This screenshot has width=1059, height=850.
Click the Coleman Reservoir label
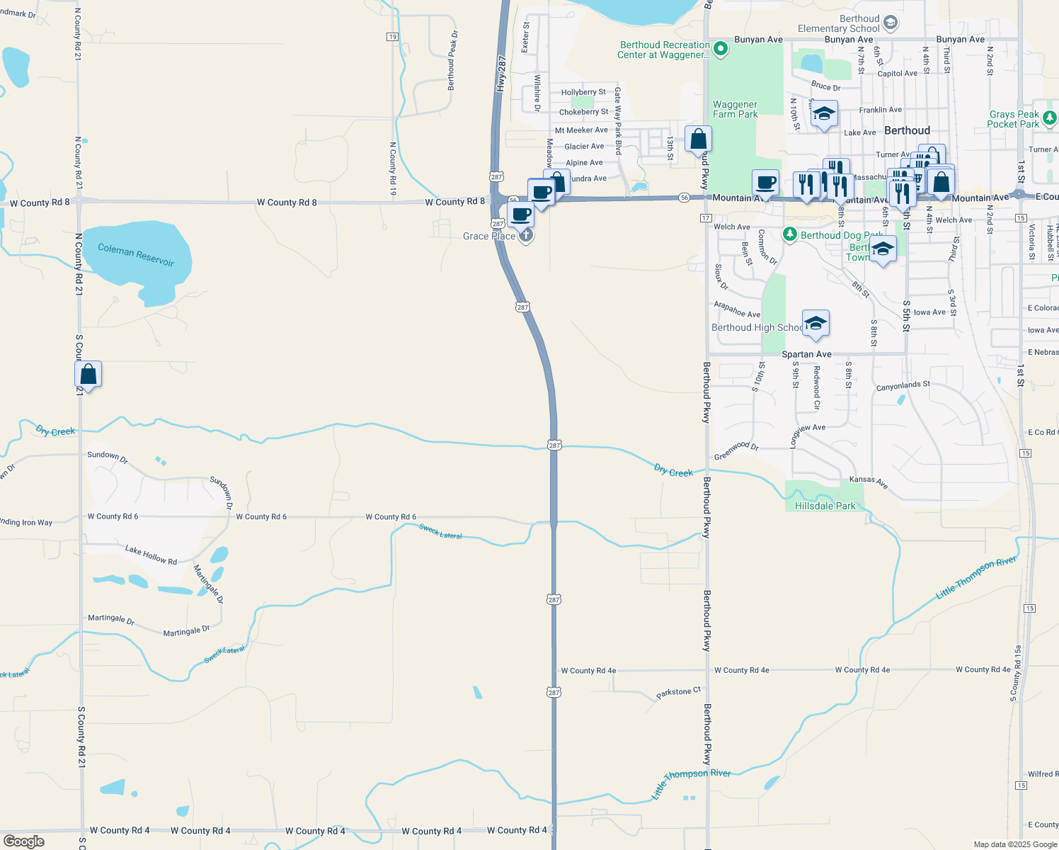coord(136,254)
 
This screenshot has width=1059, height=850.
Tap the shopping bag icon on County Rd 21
coord(88,374)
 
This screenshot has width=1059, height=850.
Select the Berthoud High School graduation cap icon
coord(815,324)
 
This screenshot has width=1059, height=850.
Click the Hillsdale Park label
coord(825,506)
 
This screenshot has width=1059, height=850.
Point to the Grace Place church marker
coord(526,236)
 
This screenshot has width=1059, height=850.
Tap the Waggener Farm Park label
coord(735,109)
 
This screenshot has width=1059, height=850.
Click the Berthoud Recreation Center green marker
coord(721,49)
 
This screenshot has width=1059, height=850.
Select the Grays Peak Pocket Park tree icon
coord(1050,118)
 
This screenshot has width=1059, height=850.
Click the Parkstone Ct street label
coord(678,692)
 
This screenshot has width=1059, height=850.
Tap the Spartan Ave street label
coord(806,354)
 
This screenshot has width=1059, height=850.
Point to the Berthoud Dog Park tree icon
coord(790,234)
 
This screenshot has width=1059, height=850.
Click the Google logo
coord(24,841)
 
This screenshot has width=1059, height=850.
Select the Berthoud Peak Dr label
coord(452,60)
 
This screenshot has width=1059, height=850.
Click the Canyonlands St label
coord(903,386)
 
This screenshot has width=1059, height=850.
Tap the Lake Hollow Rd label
coord(151,555)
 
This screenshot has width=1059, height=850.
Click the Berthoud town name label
coord(907,130)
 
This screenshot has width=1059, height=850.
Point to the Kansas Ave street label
coord(869,482)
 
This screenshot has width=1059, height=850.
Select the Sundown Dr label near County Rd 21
coord(108,458)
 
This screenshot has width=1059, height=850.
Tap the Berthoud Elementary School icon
coord(891,23)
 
